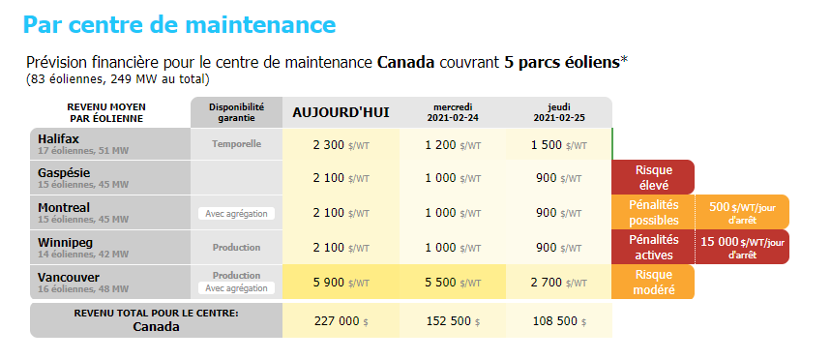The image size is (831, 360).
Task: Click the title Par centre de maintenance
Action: coord(180,23)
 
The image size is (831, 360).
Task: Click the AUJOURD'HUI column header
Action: coord(341,112)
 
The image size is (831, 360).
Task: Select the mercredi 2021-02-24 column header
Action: coord(453,112)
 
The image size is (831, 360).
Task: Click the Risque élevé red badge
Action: coord(653,177)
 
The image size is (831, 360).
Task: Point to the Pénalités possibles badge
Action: coord(653,212)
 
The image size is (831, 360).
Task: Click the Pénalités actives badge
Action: coord(653,246)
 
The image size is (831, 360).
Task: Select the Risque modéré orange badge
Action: coord(653,281)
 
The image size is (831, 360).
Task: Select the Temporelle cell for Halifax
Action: coord(237,144)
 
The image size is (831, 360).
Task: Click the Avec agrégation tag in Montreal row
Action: coord(237,213)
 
